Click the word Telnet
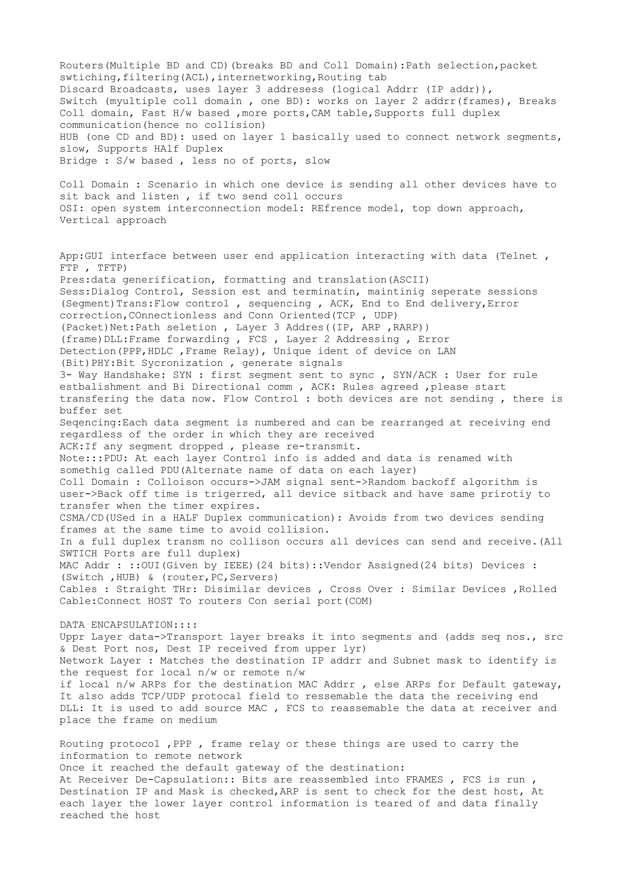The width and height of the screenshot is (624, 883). pyautogui.click(x=518, y=256)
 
